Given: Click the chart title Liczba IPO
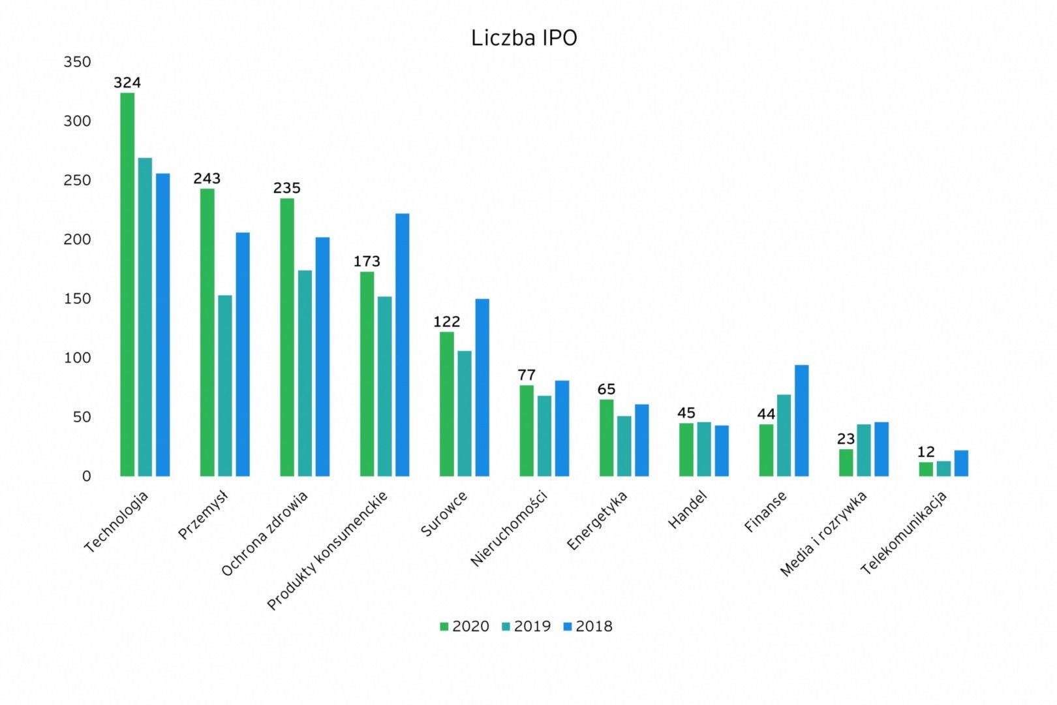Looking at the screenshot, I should point(524,39).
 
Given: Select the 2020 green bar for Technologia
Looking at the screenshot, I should point(127,284).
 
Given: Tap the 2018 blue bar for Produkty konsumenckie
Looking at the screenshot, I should point(402,345).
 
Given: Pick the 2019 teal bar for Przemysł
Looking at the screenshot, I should point(224,385).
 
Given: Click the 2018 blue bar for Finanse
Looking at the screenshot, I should point(801,420).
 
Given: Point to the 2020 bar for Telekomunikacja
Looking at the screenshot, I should point(926,469).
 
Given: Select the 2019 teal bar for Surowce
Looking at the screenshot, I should point(464,413).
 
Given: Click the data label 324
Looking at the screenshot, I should point(127,83).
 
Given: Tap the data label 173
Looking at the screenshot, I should point(367,262).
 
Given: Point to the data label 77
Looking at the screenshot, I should point(527,375).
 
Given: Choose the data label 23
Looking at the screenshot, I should point(846,439).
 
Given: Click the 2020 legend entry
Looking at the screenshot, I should point(465,627).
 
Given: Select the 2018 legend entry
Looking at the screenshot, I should point(588,627).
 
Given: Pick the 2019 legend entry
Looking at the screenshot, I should point(526,627).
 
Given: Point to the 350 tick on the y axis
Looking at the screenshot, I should point(77,62).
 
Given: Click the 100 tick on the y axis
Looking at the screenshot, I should point(77,358).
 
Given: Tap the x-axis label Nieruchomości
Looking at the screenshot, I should point(509,528).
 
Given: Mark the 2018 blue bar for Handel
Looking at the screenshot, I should point(722,450).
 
